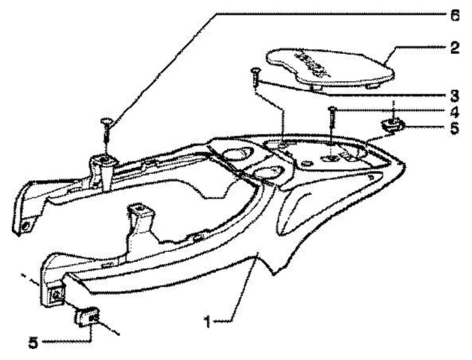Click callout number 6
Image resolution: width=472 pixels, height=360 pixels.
[x=455, y=14]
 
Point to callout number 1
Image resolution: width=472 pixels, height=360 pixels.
[x=208, y=322]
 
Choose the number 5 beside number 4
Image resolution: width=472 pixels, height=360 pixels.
[x=454, y=129]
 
